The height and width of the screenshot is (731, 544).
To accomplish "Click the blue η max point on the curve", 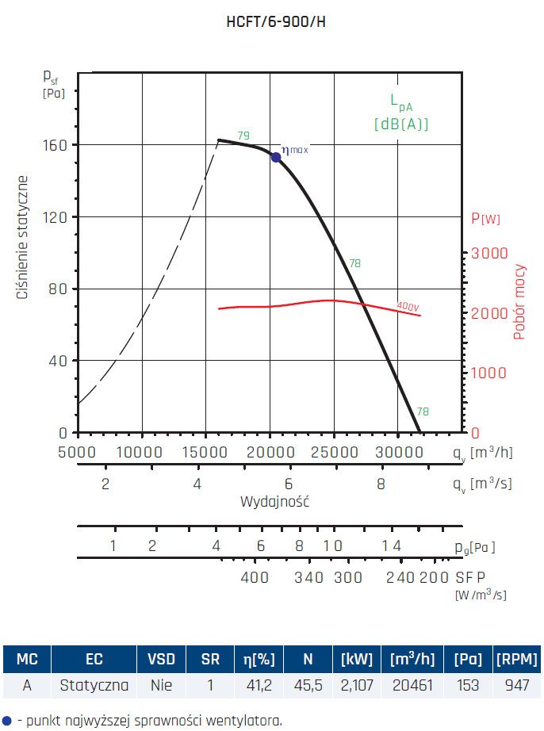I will pyautogui.click(x=276, y=157).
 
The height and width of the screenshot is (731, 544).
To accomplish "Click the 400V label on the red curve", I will pyautogui.click(x=408, y=306).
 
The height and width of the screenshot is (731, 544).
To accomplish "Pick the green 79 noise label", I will pyautogui.click(x=243, y=135).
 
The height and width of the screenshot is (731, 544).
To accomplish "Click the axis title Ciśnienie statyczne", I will pyautogui.click(x=24, y=238).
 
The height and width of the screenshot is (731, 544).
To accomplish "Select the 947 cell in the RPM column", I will pyautogui.click(x=516, y=685).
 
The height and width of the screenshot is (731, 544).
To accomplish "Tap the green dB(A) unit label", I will pyautogui.click(x=401, y=124).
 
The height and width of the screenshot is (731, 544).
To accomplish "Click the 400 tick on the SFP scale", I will pyautogui.click(x=255, y=577).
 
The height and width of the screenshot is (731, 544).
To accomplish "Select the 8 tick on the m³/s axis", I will pyautogui.click(x=381, y=484).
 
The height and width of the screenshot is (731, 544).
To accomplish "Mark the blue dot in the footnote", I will pyautogui.click(x=7, y=720).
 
